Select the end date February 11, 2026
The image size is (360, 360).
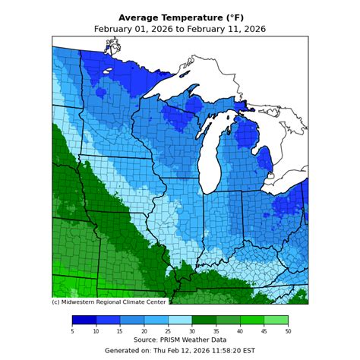(226, 29)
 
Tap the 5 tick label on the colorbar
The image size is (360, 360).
(72, 330)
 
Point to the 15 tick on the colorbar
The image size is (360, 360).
(120, 330)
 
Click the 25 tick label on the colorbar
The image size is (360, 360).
(168, 330)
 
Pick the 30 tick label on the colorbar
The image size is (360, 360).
(192, 330)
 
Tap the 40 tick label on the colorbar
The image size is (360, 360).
(240, 330)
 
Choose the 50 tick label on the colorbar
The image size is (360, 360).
(288, 330)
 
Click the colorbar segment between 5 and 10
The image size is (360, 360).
(84, 320)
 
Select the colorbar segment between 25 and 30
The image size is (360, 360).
(180, 320)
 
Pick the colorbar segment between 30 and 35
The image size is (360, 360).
(204, 320)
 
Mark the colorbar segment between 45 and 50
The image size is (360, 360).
(276, 320)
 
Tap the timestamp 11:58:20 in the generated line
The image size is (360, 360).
(219, 350)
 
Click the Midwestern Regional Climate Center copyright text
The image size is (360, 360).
(109, 302)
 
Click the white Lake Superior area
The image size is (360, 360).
(182, 82)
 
